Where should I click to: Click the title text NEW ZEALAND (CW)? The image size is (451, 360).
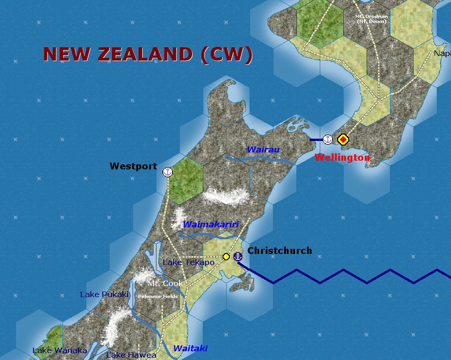click(148, 55)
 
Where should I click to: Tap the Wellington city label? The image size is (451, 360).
click(342, 157)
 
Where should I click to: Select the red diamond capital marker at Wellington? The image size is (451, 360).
click(343, 140)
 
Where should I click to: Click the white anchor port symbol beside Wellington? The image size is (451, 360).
click(328, 139)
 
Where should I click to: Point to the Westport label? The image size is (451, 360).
click(133, 166)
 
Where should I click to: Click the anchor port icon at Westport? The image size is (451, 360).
click(167, 172)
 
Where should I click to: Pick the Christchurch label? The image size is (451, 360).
click(279, 251)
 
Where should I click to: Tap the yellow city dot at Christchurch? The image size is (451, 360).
click(226, 257)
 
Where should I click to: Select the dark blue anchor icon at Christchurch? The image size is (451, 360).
click(238, 256)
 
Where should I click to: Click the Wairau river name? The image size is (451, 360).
click(263, 150)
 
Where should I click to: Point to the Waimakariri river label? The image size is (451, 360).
click(211, 225)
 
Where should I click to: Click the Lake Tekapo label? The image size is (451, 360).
click(188, 262)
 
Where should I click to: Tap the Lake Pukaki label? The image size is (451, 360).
click(104, 294)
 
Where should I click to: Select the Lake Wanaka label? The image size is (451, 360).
click(60, 351)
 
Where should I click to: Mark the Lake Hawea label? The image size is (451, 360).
click(131, 355)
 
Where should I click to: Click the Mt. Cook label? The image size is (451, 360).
click(165, 283)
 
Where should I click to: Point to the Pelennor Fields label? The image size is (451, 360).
click(158, 296)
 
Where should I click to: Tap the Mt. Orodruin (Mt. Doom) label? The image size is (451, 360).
click(372, 19)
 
